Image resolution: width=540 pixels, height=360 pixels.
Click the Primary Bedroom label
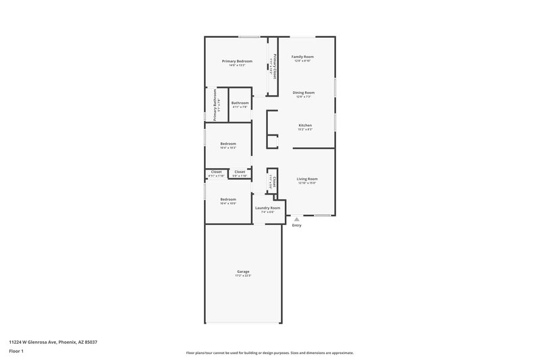pyautogui.click(x=232, y=61)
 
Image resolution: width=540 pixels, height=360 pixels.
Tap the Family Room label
pyautogui.click(x=302, y=57)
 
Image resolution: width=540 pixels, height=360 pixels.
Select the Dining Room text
pyautogui.click(x=304, y=93)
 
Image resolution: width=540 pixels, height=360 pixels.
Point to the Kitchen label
pyautogui.click(x=305, y=125)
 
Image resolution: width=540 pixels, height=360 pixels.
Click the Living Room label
pyautogui.click(x=306, y=178)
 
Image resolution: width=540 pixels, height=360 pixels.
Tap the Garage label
pyautogui.click(x=243, y=272)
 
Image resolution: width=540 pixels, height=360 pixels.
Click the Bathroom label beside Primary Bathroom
pyautogui.click(x=240, y=103)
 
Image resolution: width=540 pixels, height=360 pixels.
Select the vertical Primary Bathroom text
pyautogui.click(x=215, y=105)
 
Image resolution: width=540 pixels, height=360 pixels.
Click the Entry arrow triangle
pyautogui.click(x=296, y=219)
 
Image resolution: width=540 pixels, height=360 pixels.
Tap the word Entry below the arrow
pyautogui.click(x=296, y=225)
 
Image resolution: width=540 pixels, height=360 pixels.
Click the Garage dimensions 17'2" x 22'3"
pyautogui.click(x=243, y=276)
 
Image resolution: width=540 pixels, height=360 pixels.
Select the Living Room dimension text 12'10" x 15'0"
pyautogui.click(x=306, y=182)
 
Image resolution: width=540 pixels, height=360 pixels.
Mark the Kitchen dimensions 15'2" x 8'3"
pyautogui.click(x=305, y=129)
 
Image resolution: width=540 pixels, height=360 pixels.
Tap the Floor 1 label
pyautogui.click(x=16, y=351)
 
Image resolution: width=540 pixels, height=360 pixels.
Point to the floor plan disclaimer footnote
pyautogui.click(x=269, y=353)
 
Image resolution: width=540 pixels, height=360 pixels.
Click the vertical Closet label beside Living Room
pyautogui.click(x=274, y=181)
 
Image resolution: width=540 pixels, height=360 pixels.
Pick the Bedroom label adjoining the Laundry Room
pyautogui.click(x=228, y=199)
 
